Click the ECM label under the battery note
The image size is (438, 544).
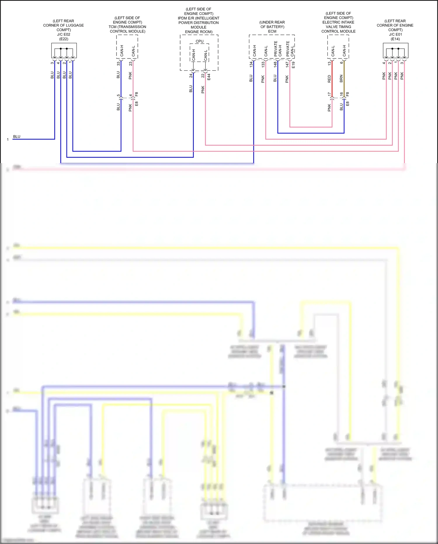[x=272, y=31]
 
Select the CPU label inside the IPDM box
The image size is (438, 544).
[x=200, y=41]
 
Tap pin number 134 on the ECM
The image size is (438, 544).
[x=251, y=65]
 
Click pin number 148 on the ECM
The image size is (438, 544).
[x=275, y=65]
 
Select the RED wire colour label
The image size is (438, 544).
[x=329, y=79]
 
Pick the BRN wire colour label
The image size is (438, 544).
[x=341, y=79]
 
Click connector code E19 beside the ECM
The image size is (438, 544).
[x=293, y=65]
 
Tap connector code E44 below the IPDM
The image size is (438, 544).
[x=209, y=77]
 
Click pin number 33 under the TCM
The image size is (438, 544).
[x=118, y=63]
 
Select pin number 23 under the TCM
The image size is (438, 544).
[x=131, y=63]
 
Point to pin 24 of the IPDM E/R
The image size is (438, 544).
[x=191, y=75]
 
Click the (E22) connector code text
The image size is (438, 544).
[x=64, y=39]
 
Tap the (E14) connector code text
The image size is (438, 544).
[x=395, y=39]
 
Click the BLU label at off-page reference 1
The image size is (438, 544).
[x=17, y=137]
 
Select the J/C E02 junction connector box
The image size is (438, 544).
[x=64, y=51]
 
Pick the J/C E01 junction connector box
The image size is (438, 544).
[x=395, y=51]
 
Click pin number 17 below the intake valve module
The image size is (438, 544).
[x=329, y=94]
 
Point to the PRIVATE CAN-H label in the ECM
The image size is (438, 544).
[x=278, y=49]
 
